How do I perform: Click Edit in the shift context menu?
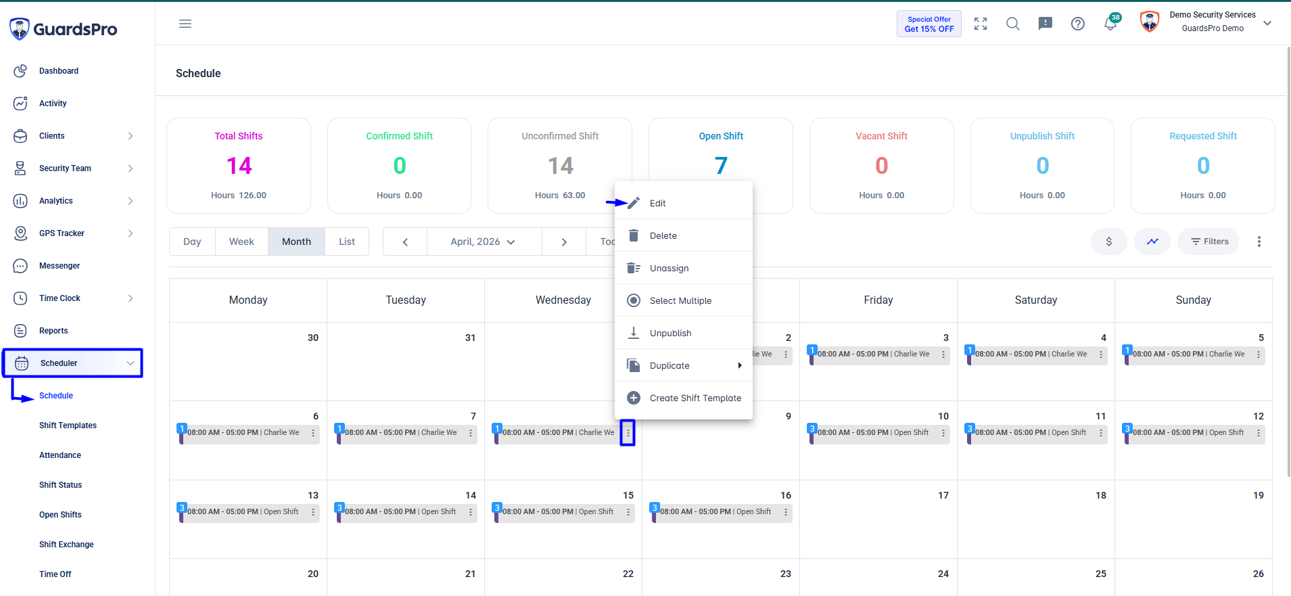pyautogui.click(x=657, y=203)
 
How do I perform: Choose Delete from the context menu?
pyautogui.click(x=663, y=235)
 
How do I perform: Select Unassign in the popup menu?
pyautogui.click(x=669, y=268)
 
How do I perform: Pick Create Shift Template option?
pyautogui.click(x=695, y=398)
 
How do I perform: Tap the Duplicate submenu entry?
pyautogui.click(x=670, y=365)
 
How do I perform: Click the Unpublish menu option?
pyautogui.click(x=670, y=333)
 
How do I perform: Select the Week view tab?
pyautogui.click(x=241, y=242)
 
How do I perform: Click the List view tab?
pyautogui.click(x=347, y=242)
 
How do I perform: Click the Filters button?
pyautogui.click(x=1208, y=242)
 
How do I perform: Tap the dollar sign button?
pyautogui.click(x=1109, y=242)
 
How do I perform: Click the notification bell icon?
pyautogui.click(x=1110, y=24)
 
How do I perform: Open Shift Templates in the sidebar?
pyautogui.click(x=68, y=426)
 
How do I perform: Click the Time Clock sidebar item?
pyautogui.click(x=60, y=298)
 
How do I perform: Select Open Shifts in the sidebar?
pyautogui.click(x=60, y=515)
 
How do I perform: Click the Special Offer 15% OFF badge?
pyautogui.click(x=929, y=24)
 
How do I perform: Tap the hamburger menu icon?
pyautogui.click(x=185, y=24)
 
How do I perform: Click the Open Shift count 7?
pyautogui.click(x=721, y=166)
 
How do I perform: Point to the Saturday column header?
pyautogui.click(x=1035, y=300)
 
